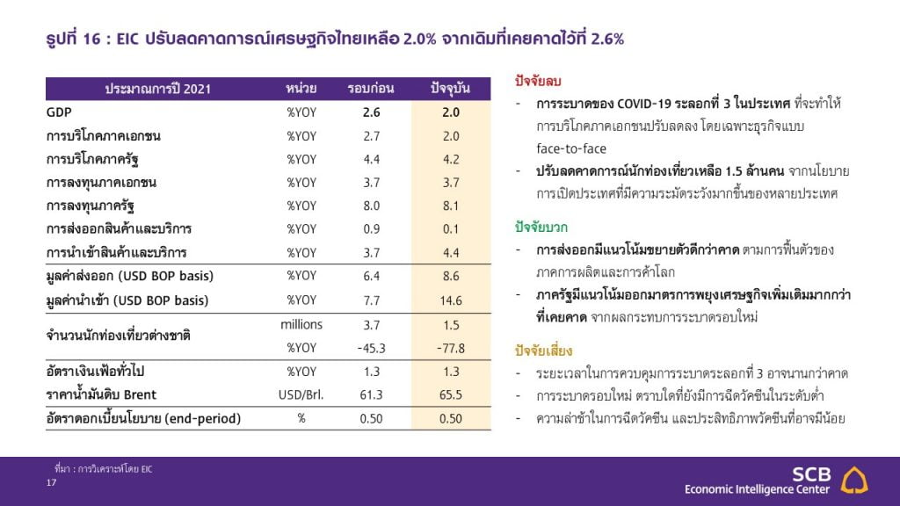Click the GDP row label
59,112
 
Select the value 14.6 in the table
451,300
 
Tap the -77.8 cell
451,348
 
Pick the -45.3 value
372,348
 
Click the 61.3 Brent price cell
372,394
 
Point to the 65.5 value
451,394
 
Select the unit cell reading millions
301,325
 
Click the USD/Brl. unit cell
301,394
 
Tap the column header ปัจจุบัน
451,89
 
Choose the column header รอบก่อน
371,89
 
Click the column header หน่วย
301,89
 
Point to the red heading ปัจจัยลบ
538,82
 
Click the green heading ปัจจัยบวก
541,228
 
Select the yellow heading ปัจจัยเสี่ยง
543,351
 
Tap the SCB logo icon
854,481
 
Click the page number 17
51,482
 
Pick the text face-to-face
571,148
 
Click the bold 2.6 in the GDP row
372,112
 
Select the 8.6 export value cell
451,276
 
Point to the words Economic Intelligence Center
757,489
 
